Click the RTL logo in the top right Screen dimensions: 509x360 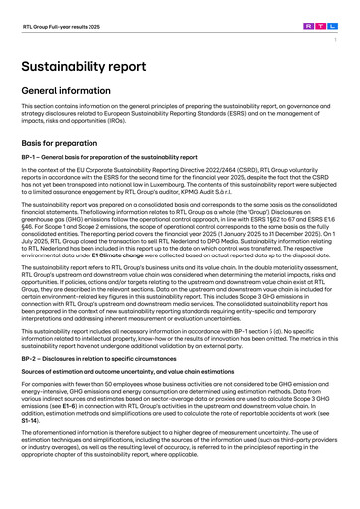(x=324, y=16)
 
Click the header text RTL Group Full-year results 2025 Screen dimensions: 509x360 (x=59, y=17)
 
